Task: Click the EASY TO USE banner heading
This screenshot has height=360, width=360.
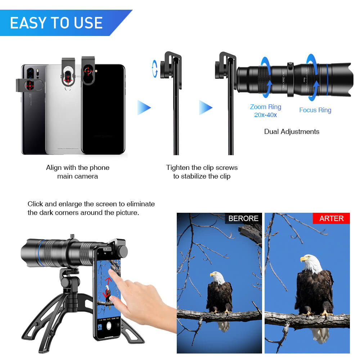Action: [57, 23]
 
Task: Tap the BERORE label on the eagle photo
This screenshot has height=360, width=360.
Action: [243, 218]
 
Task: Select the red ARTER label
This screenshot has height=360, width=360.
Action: [331, 218]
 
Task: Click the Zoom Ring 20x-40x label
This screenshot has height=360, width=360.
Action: [266, 111]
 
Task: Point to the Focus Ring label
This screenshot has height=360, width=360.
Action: [315, 110]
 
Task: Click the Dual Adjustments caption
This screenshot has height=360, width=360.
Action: [292, 131]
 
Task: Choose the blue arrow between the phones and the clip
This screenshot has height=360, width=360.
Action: [144, 108]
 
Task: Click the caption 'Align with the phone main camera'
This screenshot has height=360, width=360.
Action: [77, 172]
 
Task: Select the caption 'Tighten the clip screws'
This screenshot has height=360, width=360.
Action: [202, 168]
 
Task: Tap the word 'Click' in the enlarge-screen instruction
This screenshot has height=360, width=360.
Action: [35, 204]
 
